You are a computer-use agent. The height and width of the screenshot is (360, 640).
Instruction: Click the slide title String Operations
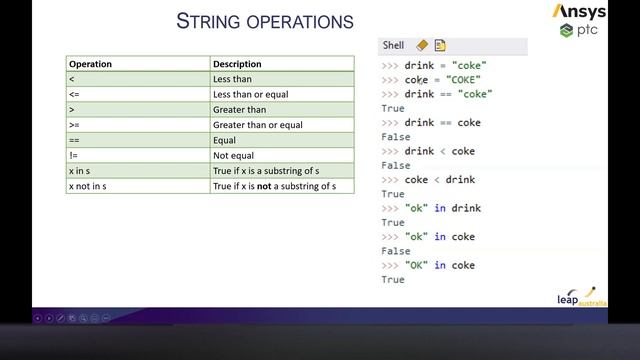(264, 21)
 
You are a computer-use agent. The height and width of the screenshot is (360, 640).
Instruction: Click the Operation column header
(90, 64)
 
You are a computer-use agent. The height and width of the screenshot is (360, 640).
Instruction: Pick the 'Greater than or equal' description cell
(258, 125)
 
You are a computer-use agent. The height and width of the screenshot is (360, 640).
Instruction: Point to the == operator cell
(74, 141)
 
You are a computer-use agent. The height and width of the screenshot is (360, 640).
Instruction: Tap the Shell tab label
(393, 45)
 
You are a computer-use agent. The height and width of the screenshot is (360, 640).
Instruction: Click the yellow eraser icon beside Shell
(421, 45)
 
